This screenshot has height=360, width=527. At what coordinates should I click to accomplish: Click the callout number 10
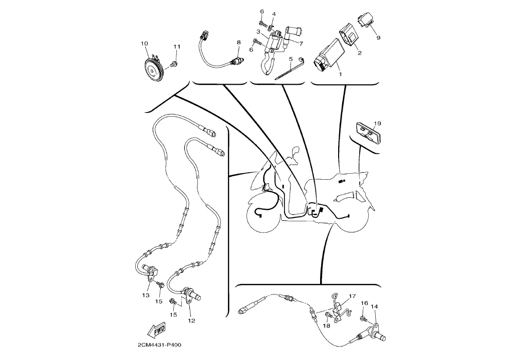pyautogui.click(x=144, y=44)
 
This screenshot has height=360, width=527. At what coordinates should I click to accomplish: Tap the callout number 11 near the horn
pyautogui.click(x=176, y=47)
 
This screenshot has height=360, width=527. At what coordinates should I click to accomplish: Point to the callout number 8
pyautogui.click(x=239, y=43)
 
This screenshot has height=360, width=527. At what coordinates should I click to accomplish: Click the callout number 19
pyautogui.click(x=378, y=123)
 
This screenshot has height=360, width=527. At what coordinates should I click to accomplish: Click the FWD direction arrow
pyautogui.click(x=156, y=330)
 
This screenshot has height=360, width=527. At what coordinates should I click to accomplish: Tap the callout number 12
pyautogui.click(x=191, y=320)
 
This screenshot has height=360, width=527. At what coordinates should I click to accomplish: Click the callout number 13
pyautogui.click(x=145, y=295)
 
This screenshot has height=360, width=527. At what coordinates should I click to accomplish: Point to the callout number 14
pyautogui.click(x=375, y=306)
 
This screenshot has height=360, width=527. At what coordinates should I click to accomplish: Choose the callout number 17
pyautogui.click(x=352, y=296)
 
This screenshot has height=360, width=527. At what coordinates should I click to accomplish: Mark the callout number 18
pyautogui.click(x=327, y=325)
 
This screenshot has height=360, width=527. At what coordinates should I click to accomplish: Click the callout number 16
pyautogui.click(x=364, y=303)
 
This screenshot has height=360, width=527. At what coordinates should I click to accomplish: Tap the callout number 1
pyautogui.click(x=340, y=74)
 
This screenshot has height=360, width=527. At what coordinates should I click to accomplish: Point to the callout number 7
pyautogui.click(x=302, y=43)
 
